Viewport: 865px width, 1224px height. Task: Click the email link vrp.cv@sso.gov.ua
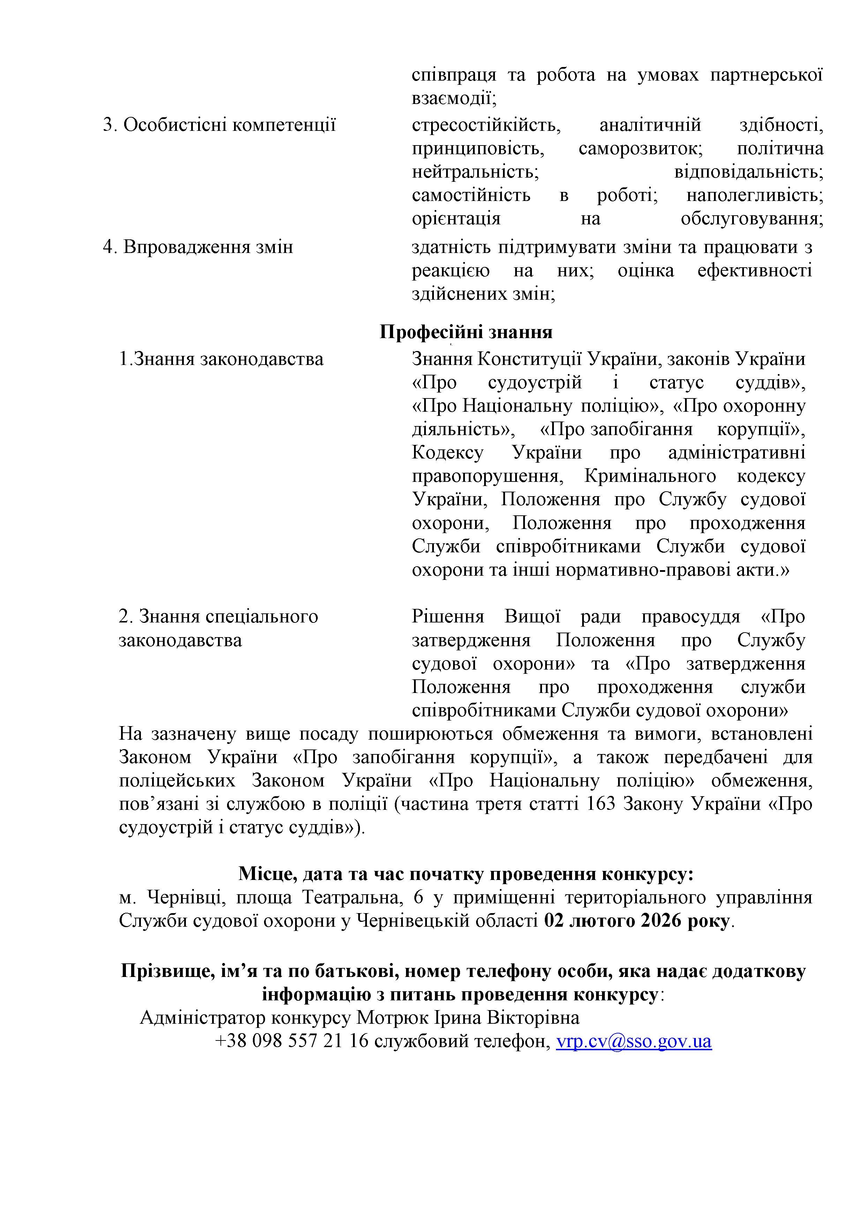click(x=634, y=1041)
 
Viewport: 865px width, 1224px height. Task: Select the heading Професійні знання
click(x=466, y=332)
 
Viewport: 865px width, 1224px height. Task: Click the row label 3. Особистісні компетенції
click(x=219, y=125)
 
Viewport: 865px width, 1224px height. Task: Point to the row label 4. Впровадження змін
click(x=198, y=247)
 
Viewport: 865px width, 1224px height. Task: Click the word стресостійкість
click(x=486, y=125)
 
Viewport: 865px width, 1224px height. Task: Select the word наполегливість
click(x=755, y=195)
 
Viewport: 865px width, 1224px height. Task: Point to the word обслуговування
click(x=752, y=218)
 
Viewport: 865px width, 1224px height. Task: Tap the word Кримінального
click(x=650, y=476)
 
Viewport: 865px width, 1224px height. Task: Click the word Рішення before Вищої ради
click(x=448, y=617)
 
